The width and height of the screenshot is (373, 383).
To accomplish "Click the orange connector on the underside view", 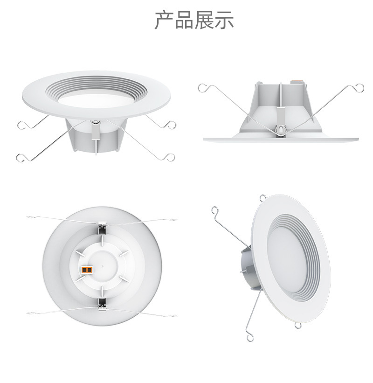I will click(x=87, y=269).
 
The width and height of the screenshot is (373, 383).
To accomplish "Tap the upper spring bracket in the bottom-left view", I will click(x=102, y=229).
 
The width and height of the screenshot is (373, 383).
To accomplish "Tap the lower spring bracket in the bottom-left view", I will click(x=102, y=304).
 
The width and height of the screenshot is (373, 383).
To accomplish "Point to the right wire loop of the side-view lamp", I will click(x=359, y=87).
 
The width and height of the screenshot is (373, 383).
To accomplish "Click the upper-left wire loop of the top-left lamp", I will click(x=21, y=125).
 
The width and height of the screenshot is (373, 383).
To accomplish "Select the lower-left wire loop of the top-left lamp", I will click(x=20, y=158).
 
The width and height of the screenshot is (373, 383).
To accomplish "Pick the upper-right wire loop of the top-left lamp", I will click(x=171, y=125).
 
